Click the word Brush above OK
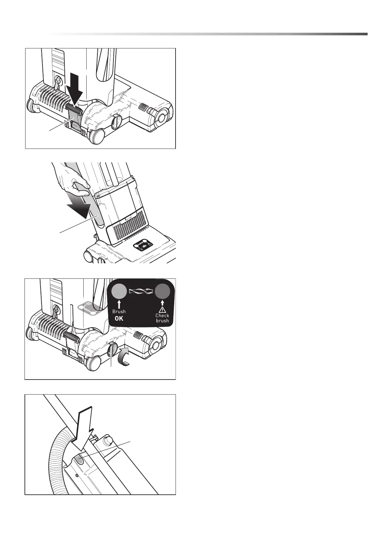119,311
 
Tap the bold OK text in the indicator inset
119,318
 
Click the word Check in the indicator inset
162,315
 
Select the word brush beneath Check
162,321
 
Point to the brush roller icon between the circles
141,291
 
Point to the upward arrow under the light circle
119,303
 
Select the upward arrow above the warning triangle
162,301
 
